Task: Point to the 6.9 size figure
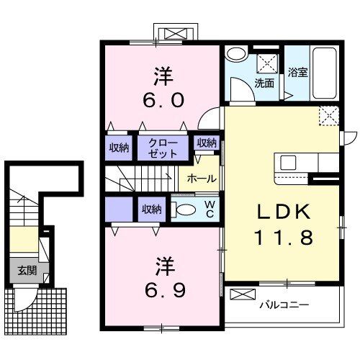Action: coord(165,290)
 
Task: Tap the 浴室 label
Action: coord(298,73)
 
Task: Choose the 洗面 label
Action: coord(264,83)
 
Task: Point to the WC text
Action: coord(210,209)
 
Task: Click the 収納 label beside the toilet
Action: coord(151,209)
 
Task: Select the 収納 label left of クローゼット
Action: coord(119,148)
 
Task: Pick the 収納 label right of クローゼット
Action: coord(207,143)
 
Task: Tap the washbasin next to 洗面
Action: coord(235,55)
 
